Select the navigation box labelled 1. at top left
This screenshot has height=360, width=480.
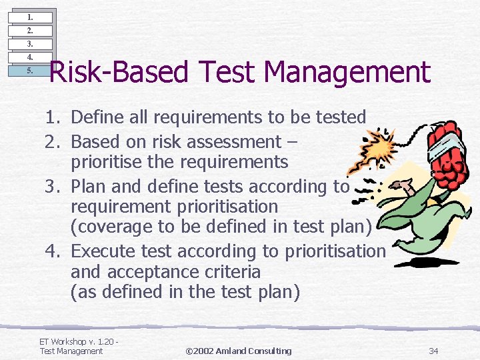tap(30, 17)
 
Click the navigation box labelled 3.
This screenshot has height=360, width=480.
tap(30, 44)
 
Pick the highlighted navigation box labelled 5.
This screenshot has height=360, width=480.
tap(30, 71)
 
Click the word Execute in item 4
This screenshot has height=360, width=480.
tap(108, 251)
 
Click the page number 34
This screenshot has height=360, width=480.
tap(433, 351)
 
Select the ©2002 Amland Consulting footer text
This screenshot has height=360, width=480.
tap(239, 351)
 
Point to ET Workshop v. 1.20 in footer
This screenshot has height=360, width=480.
tap(77, 342)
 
